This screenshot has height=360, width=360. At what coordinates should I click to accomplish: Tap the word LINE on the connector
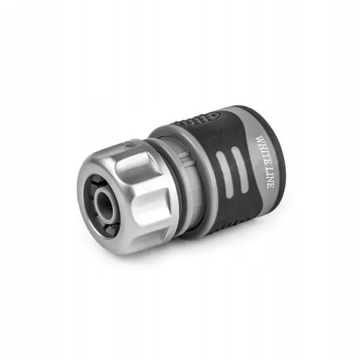[270, 178]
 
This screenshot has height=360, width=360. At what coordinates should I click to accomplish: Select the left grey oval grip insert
[224, 174]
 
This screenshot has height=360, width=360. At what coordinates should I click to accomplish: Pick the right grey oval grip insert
[240, 170]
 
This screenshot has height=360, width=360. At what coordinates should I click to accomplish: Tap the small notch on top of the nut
[129, 145]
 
